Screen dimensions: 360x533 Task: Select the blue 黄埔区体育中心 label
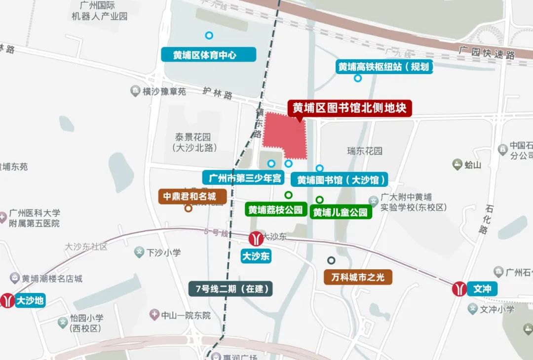point(208,55)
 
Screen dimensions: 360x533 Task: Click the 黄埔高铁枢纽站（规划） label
point(384,67)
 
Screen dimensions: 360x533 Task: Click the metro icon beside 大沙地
point(7,300)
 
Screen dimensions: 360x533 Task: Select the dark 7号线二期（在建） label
point(231,289)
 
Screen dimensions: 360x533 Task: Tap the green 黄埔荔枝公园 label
point(275,210)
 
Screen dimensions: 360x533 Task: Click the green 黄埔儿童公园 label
point(341,213)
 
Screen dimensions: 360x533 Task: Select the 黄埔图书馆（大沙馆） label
point(341,180)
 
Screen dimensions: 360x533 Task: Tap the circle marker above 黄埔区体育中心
point(209,36)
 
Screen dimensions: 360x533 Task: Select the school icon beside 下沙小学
point(139,252)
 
